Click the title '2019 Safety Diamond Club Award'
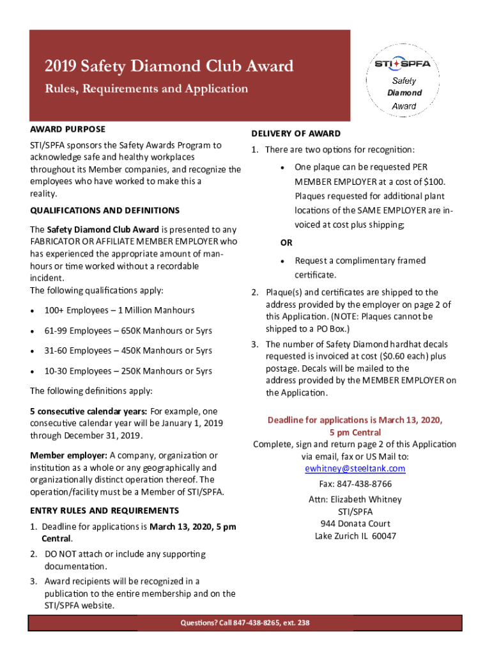[169, 66]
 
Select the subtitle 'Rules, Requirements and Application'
[146, 89]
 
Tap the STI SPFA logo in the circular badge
[403, 65]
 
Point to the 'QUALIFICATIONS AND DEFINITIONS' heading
[105, 210]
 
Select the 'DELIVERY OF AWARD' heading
[295, 134]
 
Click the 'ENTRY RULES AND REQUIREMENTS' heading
[104, 510]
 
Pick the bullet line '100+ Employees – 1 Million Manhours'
[119, 310]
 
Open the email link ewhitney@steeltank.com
[355, 468]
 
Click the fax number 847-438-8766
[355, 484]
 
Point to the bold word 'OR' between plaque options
[287, 243]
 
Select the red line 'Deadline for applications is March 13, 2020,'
[355, 420]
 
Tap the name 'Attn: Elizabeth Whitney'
[355, 499]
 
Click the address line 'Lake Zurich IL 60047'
[355, 536]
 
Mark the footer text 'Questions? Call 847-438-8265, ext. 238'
[245, 623]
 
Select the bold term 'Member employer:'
[68, 455]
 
